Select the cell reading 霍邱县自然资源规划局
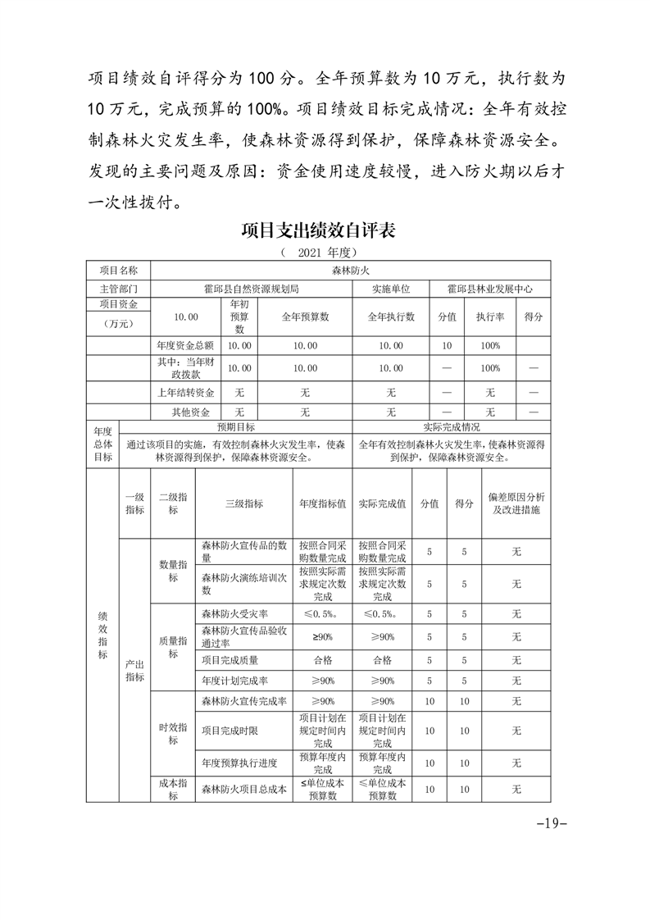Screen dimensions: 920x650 251,289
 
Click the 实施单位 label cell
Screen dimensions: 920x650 390,289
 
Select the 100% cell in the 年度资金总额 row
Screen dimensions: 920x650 489,346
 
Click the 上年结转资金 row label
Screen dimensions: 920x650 185,393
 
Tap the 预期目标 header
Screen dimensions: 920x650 235,427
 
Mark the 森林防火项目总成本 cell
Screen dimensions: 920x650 243,790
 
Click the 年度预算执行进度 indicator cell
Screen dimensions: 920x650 234,763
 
